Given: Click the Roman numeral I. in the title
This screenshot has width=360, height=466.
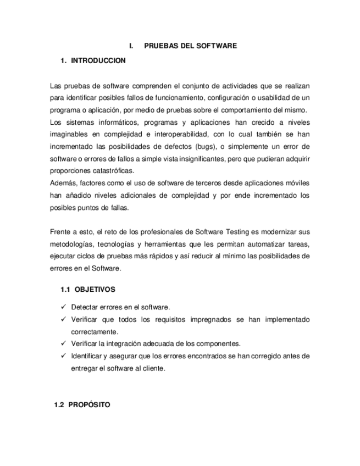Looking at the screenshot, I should [x=131, y=46].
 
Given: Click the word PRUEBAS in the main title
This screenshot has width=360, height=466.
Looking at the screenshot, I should [x=159, y=46].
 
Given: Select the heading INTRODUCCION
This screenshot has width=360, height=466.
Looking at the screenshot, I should [x=98, y=61].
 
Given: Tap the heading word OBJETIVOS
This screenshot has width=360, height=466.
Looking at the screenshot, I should [x=95, y=289].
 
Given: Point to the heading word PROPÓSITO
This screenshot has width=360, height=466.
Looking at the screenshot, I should [x=90, y=405].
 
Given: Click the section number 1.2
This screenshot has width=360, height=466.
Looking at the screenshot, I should [x=59, y=405].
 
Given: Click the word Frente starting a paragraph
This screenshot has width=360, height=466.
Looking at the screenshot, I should [x=59, y=231].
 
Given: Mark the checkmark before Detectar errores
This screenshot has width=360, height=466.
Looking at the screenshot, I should [x=64, y=307].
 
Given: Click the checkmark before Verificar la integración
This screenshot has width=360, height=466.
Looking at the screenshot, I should [x=64, y=344].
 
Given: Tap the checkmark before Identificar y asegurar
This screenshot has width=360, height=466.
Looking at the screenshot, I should [x=64, y=356].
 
